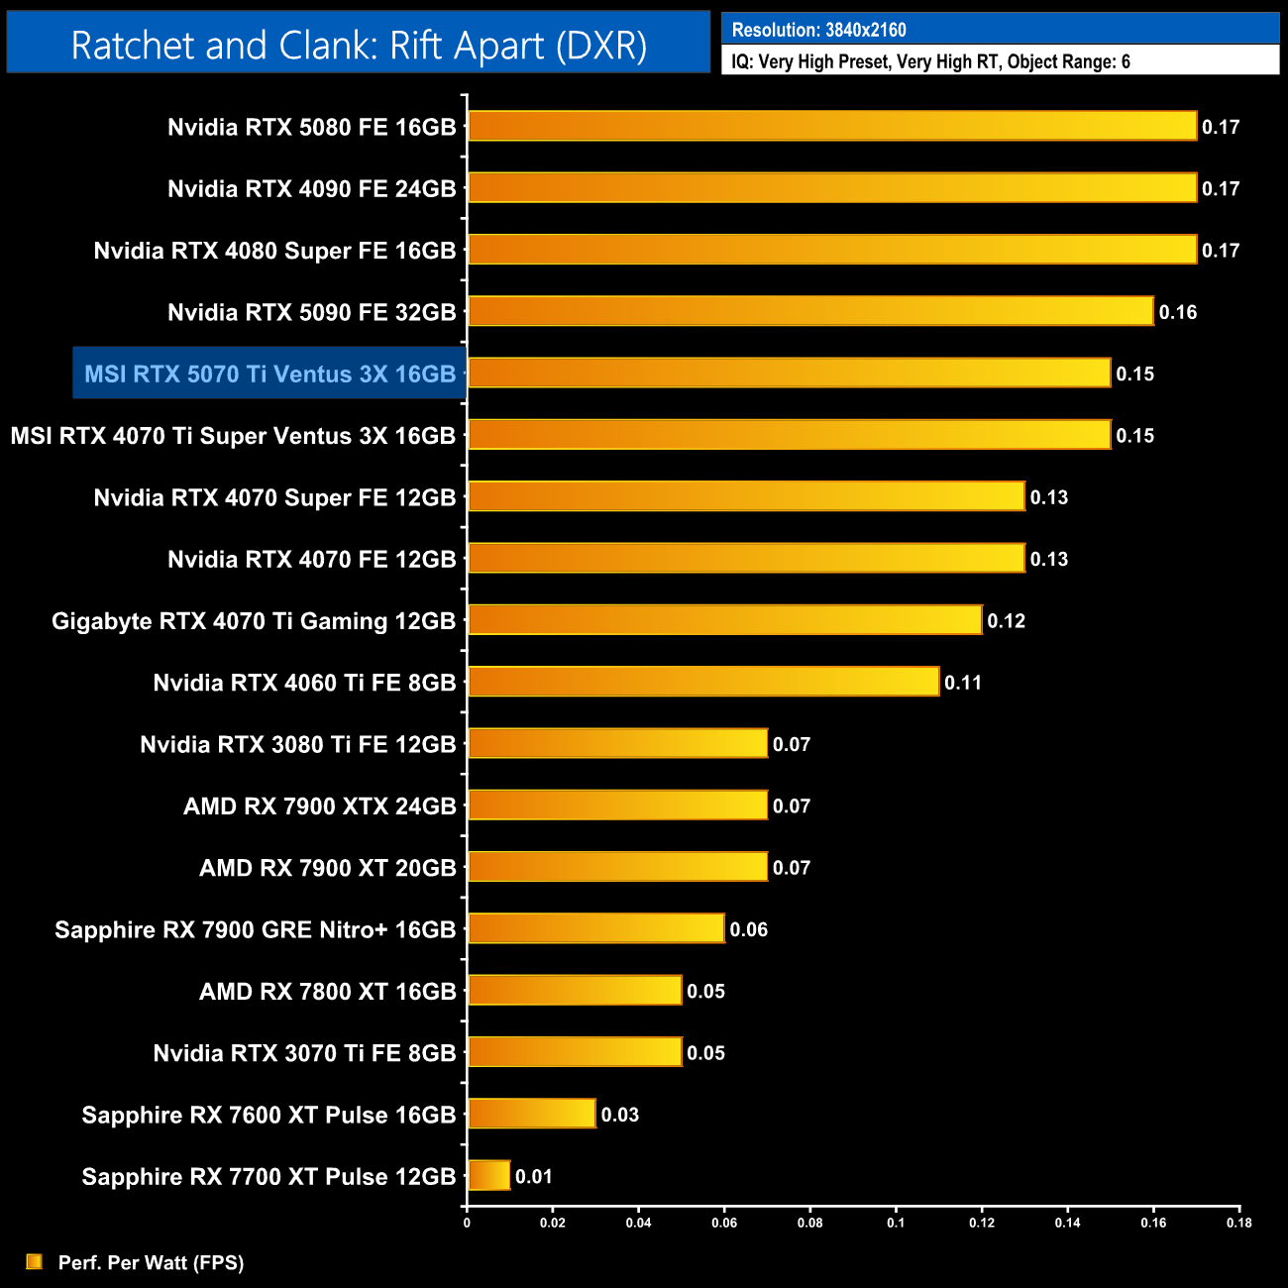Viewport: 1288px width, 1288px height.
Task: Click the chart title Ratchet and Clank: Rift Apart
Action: coord(359,46)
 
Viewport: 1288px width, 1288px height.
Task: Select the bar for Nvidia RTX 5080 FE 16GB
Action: coord(832,126)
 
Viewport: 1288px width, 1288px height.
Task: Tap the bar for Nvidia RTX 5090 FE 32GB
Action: coord(810,311)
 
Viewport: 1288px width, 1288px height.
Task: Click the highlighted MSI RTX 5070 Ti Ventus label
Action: coord(269,374)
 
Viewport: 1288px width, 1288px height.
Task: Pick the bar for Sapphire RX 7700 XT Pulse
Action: coord(488,1176)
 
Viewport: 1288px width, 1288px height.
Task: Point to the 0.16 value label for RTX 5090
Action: coord(1178,312)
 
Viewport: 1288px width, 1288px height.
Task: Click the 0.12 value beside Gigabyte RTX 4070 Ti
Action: coord(1006,621)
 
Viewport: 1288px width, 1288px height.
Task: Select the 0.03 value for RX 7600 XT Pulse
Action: coord(620,1115)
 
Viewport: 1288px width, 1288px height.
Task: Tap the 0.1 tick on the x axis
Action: coord(896,1223)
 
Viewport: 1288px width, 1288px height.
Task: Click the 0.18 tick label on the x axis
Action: coord(1238,1223)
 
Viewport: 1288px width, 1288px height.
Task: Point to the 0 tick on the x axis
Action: coord(467,1223)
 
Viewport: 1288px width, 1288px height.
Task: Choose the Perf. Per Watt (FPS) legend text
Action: coord(151,1262)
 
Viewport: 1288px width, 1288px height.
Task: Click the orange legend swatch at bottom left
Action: coord(35,1261)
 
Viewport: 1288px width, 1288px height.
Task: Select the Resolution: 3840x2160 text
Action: coord(818,30)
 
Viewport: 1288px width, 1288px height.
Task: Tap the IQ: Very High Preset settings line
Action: coord(930,61)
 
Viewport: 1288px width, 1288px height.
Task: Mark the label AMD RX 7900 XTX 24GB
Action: coord(319,806)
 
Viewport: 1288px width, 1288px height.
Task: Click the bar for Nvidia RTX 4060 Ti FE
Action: coord(703,682)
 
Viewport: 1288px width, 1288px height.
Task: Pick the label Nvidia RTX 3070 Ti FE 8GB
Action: coord(304,1053)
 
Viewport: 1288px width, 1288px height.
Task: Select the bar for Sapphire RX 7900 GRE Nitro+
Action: coord(595,928)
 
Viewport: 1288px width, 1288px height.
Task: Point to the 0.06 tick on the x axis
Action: coord(724,1223)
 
